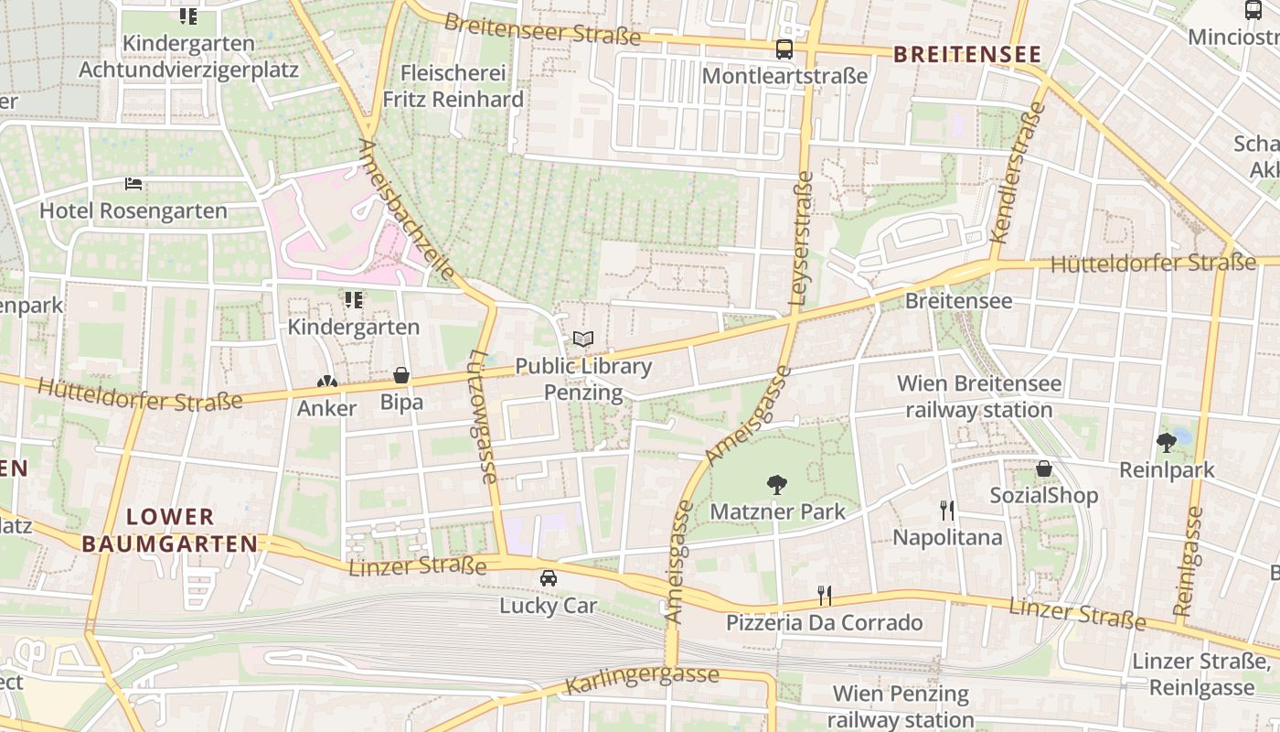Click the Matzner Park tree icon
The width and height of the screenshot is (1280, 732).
pos(776,484)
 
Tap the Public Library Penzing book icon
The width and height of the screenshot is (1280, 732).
pos(583,339)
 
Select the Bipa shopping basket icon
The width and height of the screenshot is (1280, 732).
pos(401,375)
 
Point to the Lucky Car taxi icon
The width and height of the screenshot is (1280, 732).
pos(548,578)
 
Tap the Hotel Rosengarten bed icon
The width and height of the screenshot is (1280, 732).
pos(133,184)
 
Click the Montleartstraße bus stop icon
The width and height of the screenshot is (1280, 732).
pos(784,49)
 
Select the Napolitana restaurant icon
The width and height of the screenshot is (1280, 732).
pos(947,510)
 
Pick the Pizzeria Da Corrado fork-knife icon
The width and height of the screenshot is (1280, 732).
pos(825,596)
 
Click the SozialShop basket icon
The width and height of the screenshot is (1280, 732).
pos(1044,468)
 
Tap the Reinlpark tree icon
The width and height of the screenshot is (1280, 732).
pos(1167,443)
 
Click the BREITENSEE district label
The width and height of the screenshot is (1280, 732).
pos(967,55)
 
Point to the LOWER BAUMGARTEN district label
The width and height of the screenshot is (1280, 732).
pos(170,530)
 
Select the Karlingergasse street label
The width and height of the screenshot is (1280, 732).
pos(642,680)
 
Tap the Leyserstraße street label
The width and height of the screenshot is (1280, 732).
pos(799,238)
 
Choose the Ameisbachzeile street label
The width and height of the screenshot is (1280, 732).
pos(407,210)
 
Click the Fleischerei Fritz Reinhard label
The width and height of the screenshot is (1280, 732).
pos(453,86)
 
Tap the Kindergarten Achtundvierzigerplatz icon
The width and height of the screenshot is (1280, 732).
pos(187,16)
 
